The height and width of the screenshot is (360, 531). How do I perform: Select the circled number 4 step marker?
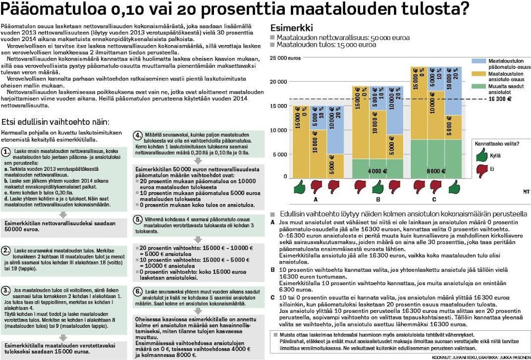pyautogui.click(x=139, y=135)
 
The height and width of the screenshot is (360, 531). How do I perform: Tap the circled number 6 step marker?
pyautogui.click(x=139, y=291)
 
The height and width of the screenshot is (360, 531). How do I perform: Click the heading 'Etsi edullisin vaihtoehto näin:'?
pyautogui.click(x=55, y=122)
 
